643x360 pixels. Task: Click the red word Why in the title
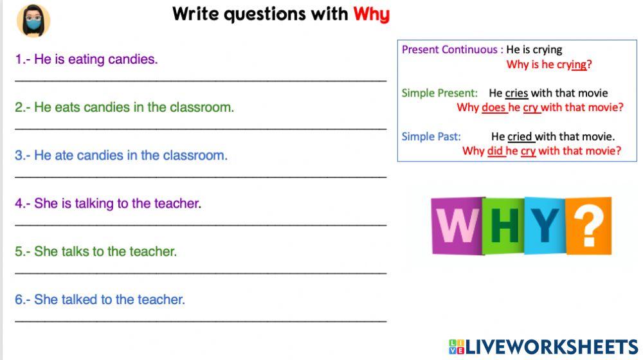click(x=371, y=14)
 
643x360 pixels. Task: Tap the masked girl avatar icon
click(x=33, y=21)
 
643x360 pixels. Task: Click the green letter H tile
click(x=504, y=226)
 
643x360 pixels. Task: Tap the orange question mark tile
click(x=588, y=226)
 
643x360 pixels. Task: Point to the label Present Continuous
click(x=449, y=50)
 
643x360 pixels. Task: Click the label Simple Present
click(x=439, y=93)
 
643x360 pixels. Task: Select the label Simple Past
click(x=431, y=136)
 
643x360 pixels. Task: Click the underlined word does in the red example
click(x=494, y=107)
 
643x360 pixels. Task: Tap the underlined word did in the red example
click(x=495, y=151)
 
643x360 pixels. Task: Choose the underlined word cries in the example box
click(x=516, y=93)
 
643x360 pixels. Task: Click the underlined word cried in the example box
click(x=521, y=136)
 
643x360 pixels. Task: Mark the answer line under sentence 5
click(x=201, y=273)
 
